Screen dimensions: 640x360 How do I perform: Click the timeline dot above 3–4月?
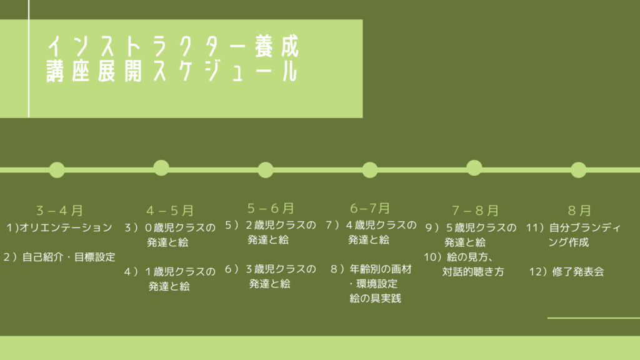[57, 170]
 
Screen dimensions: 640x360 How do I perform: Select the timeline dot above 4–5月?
[161, 167]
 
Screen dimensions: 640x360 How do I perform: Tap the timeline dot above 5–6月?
[265, 170]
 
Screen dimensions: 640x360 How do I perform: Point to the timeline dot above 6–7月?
[370, 170]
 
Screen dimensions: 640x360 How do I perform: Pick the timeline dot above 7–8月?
[474, 167]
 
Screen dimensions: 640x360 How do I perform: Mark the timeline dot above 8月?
[578, 170]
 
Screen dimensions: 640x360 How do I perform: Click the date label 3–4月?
[59, 211]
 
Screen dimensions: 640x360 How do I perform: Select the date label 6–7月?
[370, 209]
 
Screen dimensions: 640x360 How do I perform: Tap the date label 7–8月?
[475, 211]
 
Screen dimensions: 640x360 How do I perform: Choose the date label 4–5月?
[170, 211]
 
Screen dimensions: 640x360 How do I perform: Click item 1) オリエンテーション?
[59, 227]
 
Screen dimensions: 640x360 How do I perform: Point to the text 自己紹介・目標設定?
[69, 257]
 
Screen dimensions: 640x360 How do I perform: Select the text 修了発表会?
[578, 271]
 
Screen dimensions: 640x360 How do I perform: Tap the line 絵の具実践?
[375, 298]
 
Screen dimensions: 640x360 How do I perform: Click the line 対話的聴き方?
[473, 271]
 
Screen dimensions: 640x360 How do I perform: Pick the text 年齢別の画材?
[381, 269]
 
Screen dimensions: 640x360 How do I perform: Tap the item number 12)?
[538, 271]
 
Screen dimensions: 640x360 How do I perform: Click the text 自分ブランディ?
[585, 227]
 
